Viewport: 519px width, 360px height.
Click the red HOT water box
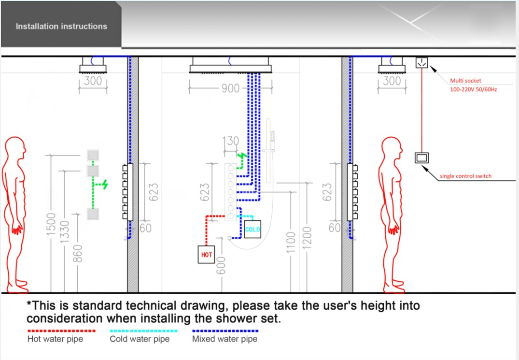click(x=206, y=254)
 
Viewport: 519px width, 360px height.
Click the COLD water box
click(x=252, y=229)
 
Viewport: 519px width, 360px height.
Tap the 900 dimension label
click(x=230, y=88)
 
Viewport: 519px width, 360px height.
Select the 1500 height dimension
click(x=51, y=224)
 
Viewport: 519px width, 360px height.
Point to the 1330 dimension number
click(x=65, y=231)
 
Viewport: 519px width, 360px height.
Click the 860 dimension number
click(x=77, y=254)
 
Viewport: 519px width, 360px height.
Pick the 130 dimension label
click(x=231, y=141)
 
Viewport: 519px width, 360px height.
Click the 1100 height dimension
click(x=291, y=243)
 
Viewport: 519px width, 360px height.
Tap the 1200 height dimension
click(x=307, y=237)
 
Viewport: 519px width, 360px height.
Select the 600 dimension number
click(x=221, y=266)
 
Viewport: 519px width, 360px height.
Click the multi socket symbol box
click(x=421, y=63)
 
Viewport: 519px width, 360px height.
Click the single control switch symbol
click(x=421, y=158)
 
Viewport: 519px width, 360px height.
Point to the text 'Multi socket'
click(x=465, y=81)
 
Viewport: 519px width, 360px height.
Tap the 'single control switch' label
click(x=465, y=176)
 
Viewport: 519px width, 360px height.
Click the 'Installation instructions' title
click(x=62, y=26)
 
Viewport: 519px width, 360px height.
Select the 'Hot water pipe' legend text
click(x=55, y=339)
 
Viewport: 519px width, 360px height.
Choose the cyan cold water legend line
click(x=143, y=331)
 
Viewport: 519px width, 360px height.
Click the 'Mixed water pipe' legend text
click(x=225, y=339)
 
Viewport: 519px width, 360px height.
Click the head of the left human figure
click(x=15, y=148)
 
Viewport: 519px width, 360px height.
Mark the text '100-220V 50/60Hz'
click(x=473, y=89)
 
